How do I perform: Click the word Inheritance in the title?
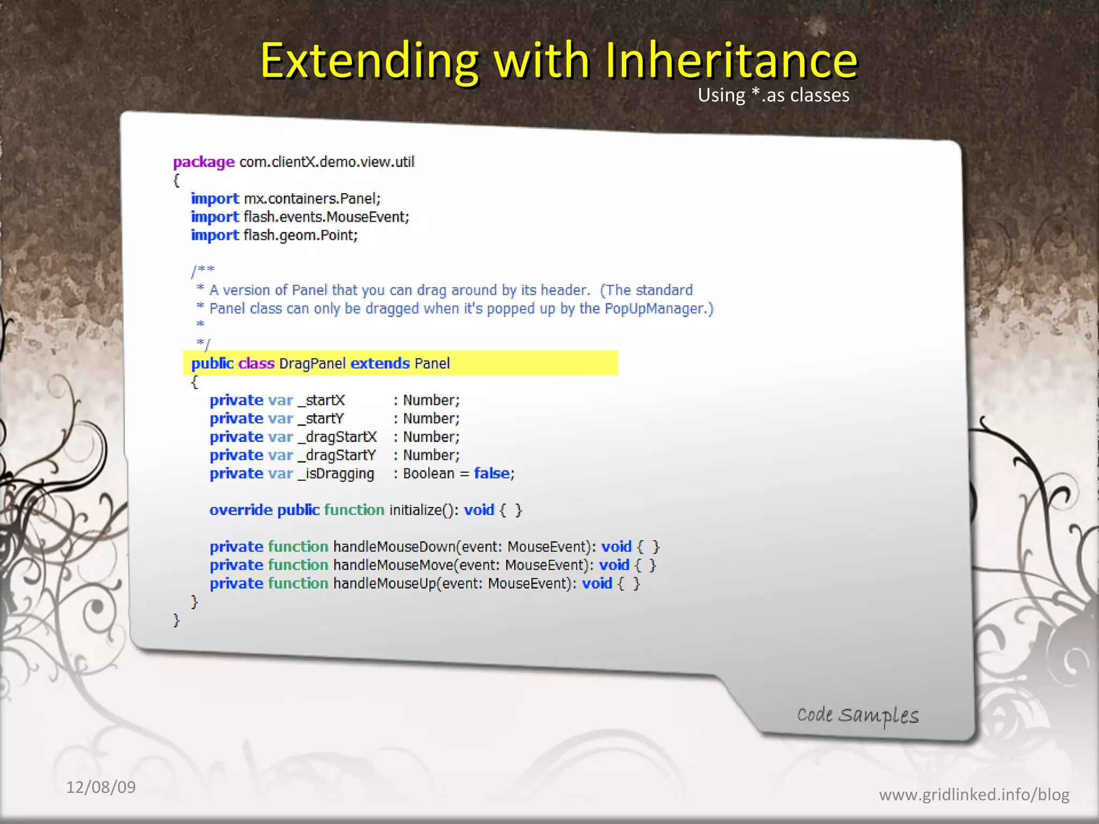[731, 60]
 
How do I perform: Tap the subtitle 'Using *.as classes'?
[773, 95]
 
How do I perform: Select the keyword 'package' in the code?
[203, 162]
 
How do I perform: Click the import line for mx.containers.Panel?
[285, 199]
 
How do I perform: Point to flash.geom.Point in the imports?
[300, 236]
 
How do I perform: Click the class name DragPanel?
[312, 364]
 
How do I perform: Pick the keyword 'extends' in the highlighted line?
[380, 364]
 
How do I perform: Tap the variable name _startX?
[322, 401]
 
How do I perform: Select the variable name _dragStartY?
[338, 455]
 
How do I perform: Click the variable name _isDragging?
[336, 474]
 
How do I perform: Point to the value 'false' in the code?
[492, 473]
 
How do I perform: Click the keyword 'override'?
[240, 510]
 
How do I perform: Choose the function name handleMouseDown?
[394, 547]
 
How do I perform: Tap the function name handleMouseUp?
[384, 584]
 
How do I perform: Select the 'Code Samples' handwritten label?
[858, 715]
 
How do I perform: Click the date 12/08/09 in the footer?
[101, 788]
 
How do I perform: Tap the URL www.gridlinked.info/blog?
[973, 794]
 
